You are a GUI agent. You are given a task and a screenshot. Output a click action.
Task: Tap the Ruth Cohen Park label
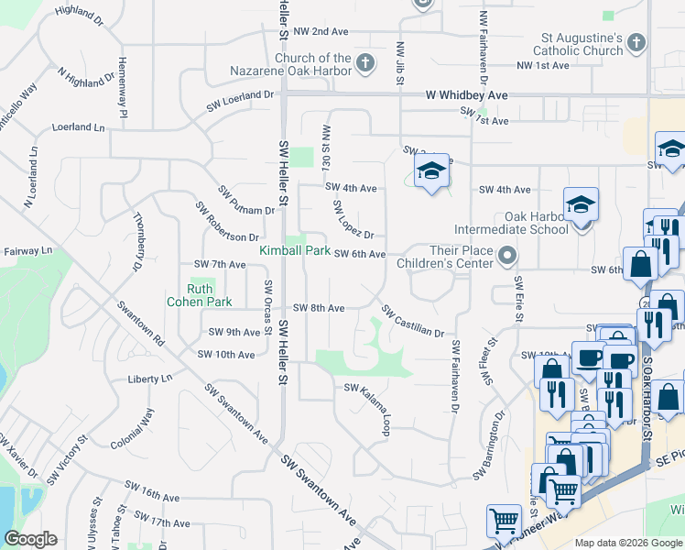click(x=199, y=294)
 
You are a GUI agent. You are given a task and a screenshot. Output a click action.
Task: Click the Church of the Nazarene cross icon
click(x=365, y=63)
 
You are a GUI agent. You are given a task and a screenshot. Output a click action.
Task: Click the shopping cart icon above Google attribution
click(x=505, y=522)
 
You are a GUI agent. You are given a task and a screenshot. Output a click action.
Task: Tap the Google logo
click(x=30, y=539)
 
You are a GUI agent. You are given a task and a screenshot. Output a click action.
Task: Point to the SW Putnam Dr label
click(x=246, y=201)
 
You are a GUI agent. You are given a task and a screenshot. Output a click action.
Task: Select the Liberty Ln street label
click(x=150, y=378)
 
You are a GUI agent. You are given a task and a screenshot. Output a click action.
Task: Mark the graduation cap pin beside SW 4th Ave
click(x=431, y=170)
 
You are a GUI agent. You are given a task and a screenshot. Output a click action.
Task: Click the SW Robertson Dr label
click(x=214, y=222)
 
